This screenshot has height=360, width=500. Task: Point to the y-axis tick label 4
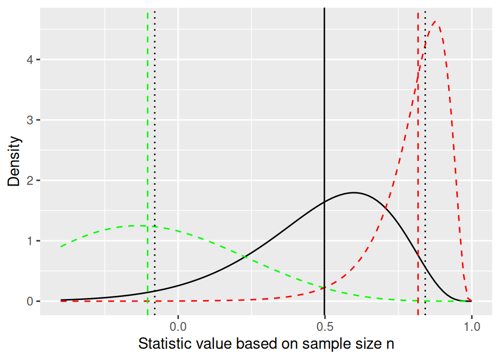pyautogui.click(x=31, y=60)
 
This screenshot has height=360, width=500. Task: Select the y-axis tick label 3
pyautogui.click(x=31, y=120)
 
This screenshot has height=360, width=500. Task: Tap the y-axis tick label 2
pyautogui.click(x=31, y=181)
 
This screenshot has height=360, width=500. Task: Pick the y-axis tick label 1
pyautogui.click(x=31, y=241)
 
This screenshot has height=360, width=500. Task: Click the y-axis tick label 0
pyautogui.click(x=31, y=302)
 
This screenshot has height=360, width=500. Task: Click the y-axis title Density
pyautogui.click(x=15, y=162)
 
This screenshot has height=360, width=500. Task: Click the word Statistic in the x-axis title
pyautogui.click(x=161, y=344)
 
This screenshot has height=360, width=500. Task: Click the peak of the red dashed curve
pyautogui.click(x=436, y=22)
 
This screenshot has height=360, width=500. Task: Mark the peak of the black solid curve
pyautogui.click(x=354, y=193)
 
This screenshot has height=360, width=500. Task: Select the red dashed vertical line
pyautogui.click(x=418, y=156)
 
